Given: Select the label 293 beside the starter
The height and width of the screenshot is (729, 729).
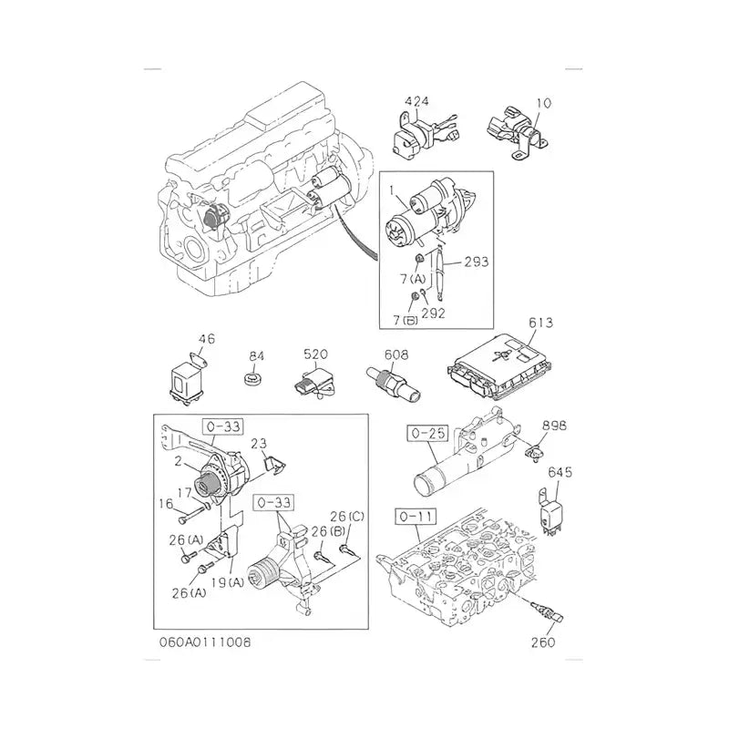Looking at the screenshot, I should (x=475, y=262).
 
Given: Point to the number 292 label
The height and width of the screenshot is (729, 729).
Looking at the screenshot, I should (x=434, y=312).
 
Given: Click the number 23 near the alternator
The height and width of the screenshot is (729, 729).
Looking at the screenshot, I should (x=258, y=445).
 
